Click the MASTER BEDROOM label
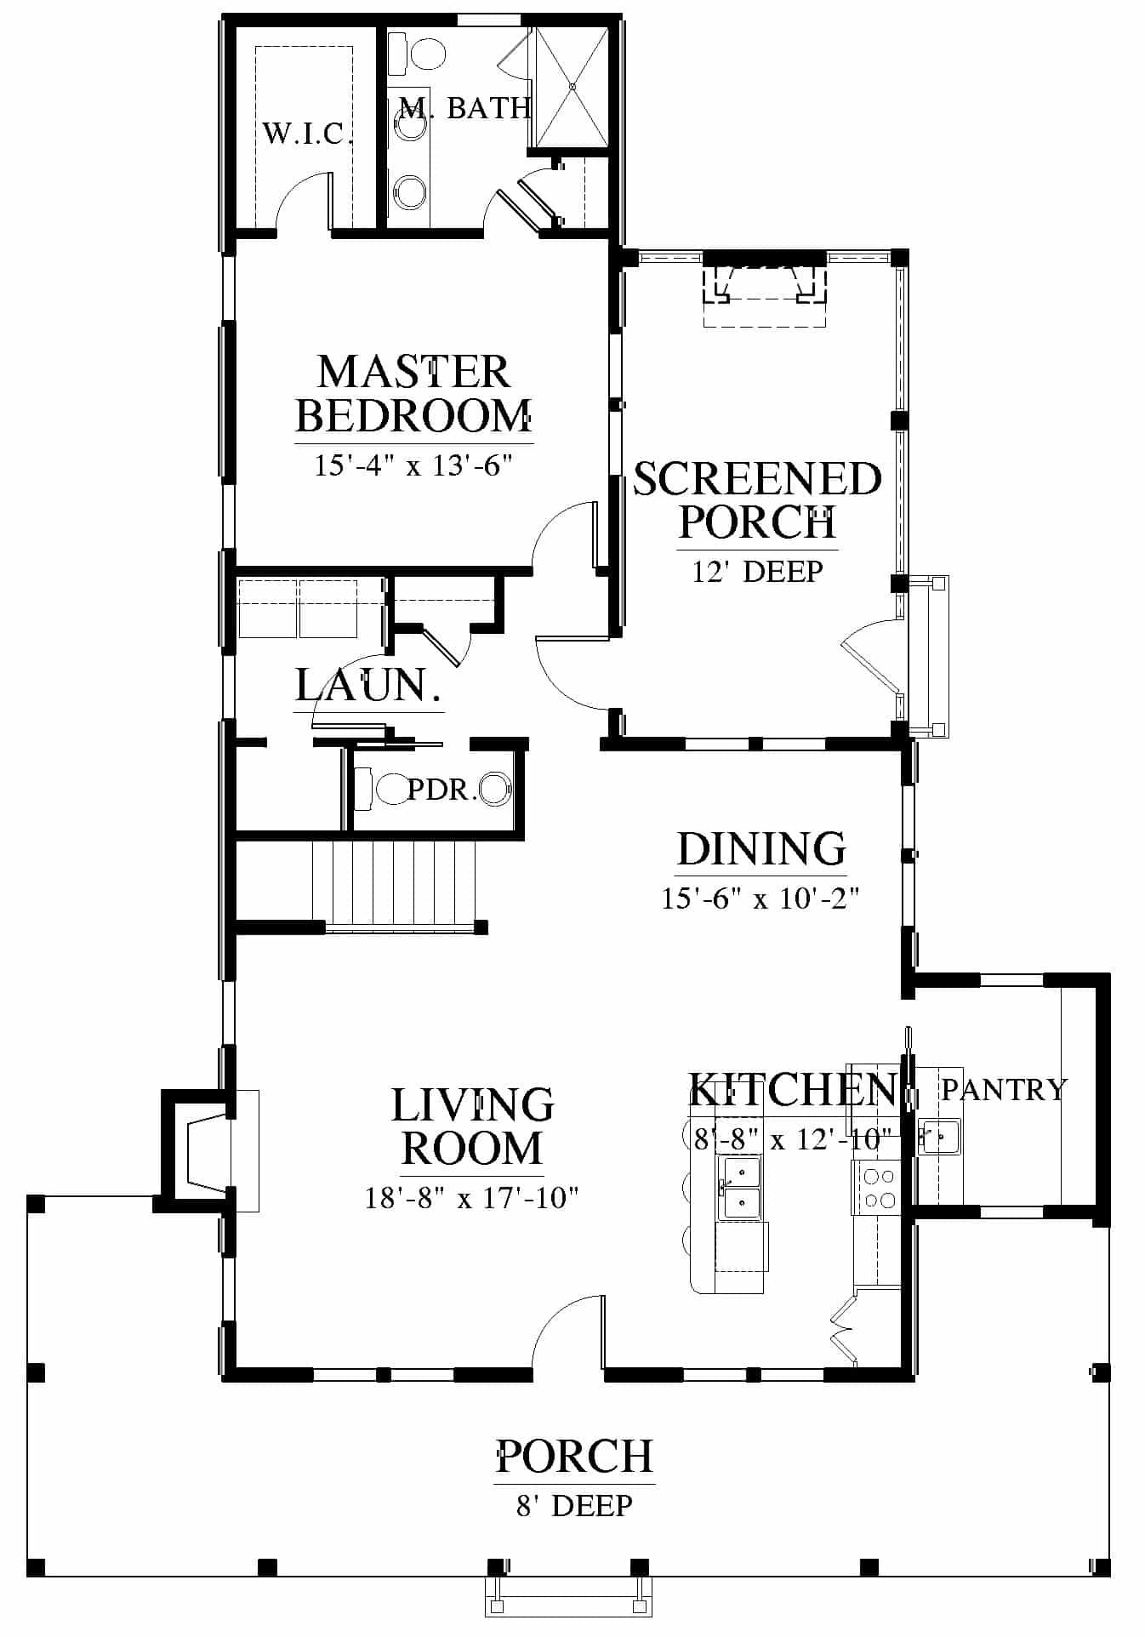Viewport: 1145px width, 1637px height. pos(413,394)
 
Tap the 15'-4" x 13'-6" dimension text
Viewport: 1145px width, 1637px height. pos(413,465)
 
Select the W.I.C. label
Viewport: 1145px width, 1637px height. pos(307,134)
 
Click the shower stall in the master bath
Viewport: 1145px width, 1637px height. pos(572,86)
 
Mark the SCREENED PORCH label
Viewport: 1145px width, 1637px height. pos(757,499)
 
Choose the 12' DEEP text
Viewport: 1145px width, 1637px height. pos(757,571)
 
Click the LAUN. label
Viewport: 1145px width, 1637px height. pos(368,685)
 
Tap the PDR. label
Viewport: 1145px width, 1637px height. pos(440,790)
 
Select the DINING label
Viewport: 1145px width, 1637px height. pos(761,849)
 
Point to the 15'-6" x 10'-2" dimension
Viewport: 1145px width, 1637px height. pos(761,898)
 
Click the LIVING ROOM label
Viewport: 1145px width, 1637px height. pos(472,1127)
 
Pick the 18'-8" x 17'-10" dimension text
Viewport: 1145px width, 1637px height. pos(472,1198)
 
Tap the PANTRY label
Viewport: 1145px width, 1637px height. pos(1004,1089)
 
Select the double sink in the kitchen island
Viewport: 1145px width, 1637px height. pos(742,1187)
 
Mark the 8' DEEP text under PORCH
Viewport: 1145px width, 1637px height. pos(575,1505)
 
